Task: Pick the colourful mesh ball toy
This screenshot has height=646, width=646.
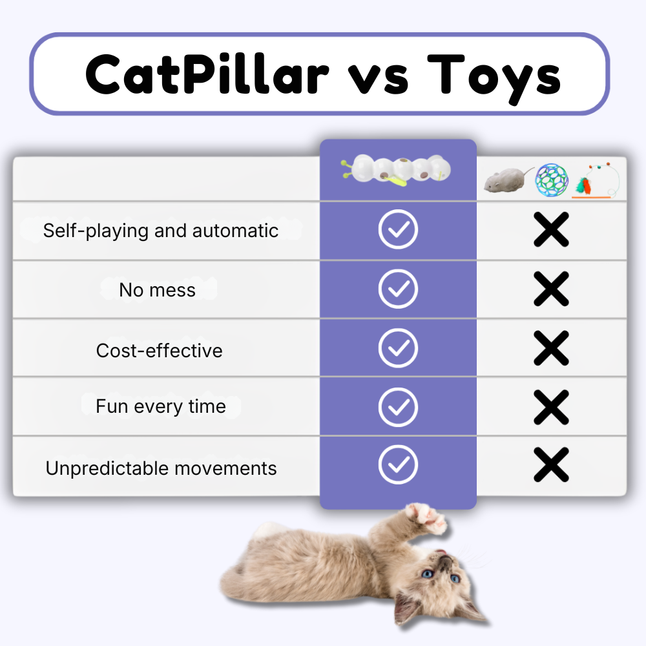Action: [551, 180]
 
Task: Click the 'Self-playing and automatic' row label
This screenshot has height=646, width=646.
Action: [161, 231]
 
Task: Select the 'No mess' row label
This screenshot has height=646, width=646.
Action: [157, 290]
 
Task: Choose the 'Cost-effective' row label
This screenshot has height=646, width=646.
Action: [159, 350]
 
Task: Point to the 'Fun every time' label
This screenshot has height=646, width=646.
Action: [161, 406]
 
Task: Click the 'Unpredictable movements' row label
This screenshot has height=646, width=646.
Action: [161, 468]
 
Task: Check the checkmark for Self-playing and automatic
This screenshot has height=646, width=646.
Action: [398, 229]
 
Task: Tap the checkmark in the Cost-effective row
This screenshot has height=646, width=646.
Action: [398, 348]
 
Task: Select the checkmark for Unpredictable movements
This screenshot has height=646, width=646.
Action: [398, 464]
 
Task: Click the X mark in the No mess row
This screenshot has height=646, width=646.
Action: [551, 289]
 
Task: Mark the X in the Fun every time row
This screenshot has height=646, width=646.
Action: [551, 407]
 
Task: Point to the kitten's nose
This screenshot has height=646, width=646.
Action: [443, 563]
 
